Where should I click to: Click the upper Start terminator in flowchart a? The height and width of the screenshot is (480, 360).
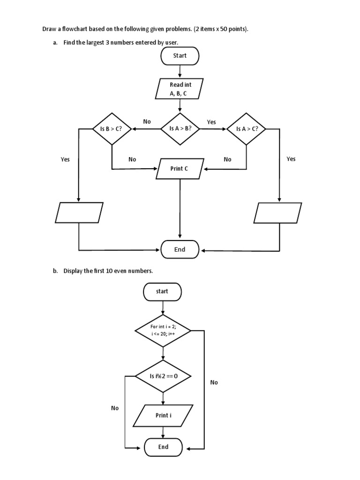180,56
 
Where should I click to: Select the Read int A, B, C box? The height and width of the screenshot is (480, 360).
180,89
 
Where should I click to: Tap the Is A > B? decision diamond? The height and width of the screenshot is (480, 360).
180,128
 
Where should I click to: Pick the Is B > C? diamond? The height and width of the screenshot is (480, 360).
112,128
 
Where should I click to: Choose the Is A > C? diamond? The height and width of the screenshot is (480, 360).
247,128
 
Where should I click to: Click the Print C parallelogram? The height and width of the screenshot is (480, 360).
180,169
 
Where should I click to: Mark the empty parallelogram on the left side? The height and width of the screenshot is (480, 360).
79,212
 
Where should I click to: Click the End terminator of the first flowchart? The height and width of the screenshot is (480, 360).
180,250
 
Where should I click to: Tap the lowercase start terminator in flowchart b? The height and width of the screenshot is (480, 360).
162,292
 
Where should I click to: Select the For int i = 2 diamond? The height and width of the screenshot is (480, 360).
163,330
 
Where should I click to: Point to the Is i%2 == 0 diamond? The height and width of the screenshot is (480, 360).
163,376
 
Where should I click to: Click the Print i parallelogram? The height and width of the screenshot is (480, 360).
163,416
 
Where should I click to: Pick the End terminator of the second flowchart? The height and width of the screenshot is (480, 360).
163,447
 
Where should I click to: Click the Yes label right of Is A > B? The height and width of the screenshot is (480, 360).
211,122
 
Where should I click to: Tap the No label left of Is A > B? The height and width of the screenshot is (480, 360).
147,121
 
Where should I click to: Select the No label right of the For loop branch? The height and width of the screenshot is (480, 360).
214,382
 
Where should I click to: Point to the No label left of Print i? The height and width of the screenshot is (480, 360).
115,408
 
